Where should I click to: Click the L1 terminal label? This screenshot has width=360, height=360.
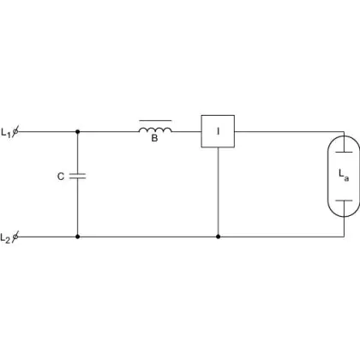pos(6,133)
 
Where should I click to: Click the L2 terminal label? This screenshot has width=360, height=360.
pos(5,238)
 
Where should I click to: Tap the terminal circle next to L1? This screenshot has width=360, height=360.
pos(15,132)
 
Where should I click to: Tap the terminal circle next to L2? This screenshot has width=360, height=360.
pos(15,237)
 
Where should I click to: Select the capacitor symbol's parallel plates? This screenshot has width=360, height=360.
pos(77,176)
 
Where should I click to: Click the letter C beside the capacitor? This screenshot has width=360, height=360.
pos(61,177)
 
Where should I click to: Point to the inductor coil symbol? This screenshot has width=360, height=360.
pos(155,130)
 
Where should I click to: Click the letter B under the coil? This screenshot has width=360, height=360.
pos(154,138)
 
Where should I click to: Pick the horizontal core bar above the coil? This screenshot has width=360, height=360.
pos(155,121)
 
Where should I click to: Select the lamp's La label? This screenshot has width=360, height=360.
pos(344,175)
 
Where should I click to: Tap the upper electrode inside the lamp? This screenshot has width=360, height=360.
pos(344,152)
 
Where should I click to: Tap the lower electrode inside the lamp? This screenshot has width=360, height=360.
pos(344,201)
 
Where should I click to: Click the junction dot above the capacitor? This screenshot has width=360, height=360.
pos(77,132)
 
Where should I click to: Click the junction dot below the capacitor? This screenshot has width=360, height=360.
pos(77,237)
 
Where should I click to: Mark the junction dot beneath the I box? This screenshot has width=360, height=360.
pos(218,237)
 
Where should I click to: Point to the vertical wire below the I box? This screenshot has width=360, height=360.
pos(218,191)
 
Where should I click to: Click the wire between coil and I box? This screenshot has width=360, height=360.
pos(187,132)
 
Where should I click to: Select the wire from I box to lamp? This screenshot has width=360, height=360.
pos(289,132)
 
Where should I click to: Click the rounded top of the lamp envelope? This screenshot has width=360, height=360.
pos(344,136)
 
